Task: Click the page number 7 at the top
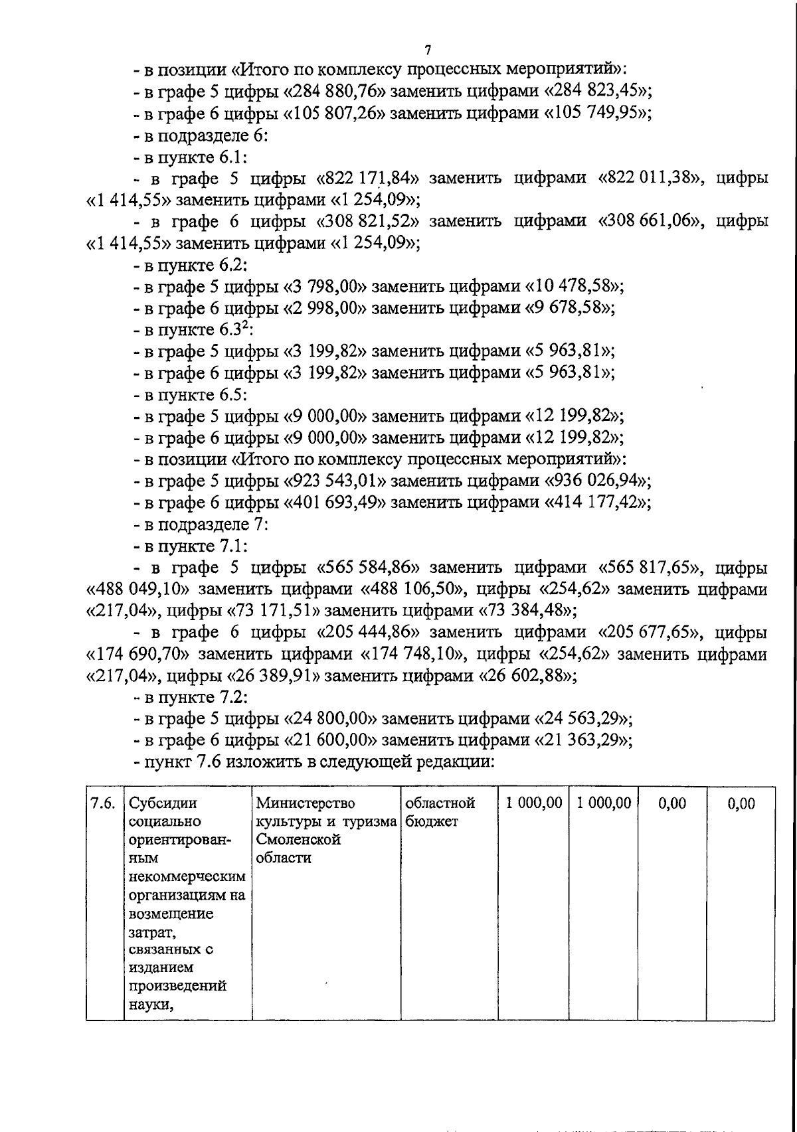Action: pyautogui.click(x=428, y=50)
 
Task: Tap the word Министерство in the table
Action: pyautogui.click(x=306, y=803)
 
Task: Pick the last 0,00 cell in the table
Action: pyautogui.click(x=741, y=804)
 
